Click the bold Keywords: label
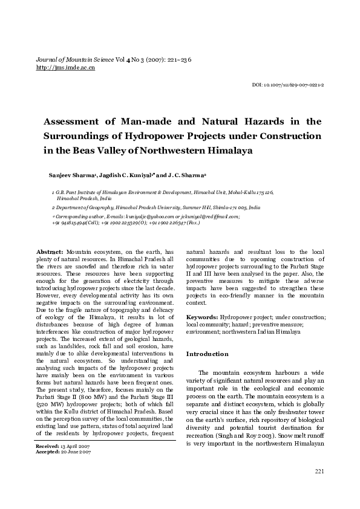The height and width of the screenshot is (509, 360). (201, 317)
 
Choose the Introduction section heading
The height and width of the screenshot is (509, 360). (207, 353)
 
